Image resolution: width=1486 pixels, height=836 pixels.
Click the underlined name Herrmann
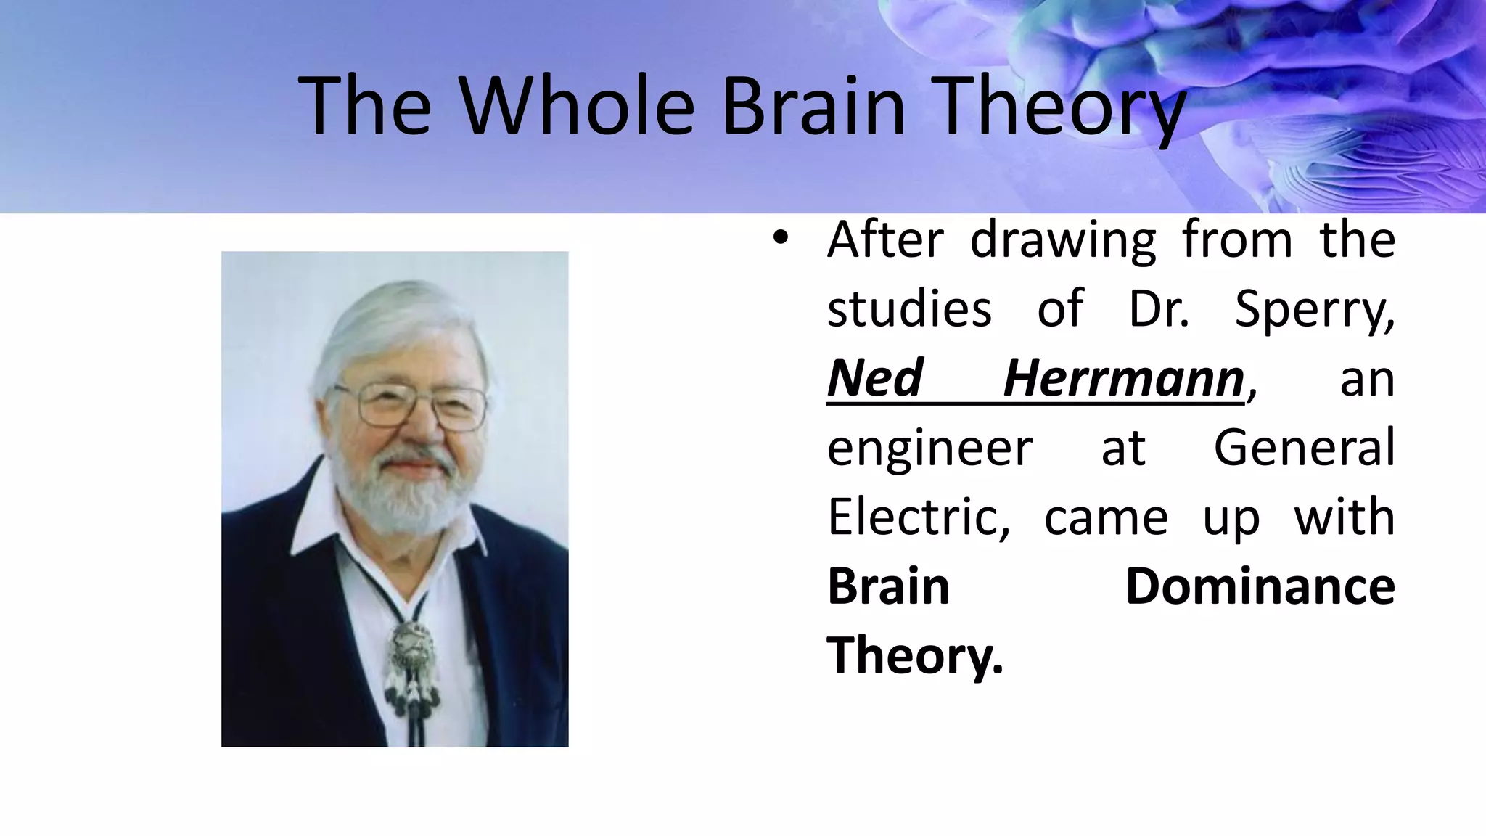[x=1124, y=379]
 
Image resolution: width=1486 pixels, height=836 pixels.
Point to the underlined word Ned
[x=874, y=379]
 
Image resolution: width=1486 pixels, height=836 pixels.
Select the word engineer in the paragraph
[x=929, y=448]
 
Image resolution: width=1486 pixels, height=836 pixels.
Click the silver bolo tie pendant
[x=412, y=650]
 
